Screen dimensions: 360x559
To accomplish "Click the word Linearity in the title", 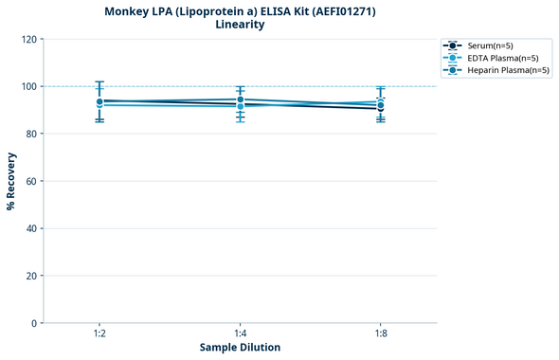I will pos(240,25).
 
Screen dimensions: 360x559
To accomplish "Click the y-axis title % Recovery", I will pos(11,181).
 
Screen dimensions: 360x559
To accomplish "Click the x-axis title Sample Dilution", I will pos(240,348).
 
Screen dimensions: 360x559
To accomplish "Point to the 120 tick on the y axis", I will pos(27,39).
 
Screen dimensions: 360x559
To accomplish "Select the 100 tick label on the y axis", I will pos(27,86).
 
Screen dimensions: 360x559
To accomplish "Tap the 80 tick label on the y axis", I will pos(30,134).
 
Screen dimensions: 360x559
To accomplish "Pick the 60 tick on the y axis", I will pos(30,181).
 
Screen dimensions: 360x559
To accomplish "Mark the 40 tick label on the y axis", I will pos(30,228).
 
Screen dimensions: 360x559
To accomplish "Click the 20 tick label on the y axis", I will pos(30,276).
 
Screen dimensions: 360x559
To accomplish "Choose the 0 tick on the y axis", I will pos(33,323).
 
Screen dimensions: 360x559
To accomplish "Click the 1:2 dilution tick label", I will pos(99,333).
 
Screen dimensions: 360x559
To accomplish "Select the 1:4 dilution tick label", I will pos(240,333).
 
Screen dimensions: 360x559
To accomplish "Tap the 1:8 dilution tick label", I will pos(380,333).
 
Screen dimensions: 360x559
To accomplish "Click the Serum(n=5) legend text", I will pos(490,45).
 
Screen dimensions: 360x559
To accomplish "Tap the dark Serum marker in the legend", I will pos(454,45).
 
